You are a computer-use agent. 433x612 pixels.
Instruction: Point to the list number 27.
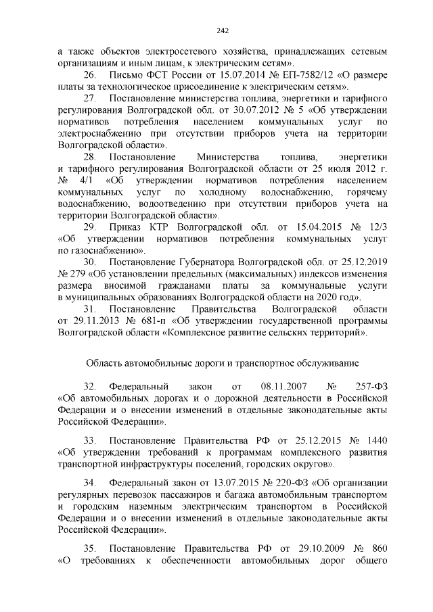(89, 99)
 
